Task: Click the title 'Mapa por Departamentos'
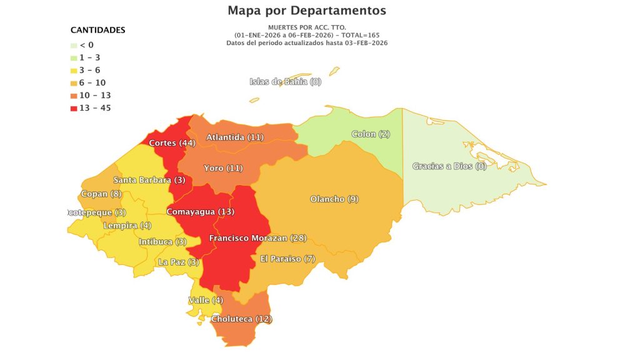(x=307, y=11)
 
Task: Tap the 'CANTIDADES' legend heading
(x=97, y=30)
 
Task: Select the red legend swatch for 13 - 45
(x=74, y=108)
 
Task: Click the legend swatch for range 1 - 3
(x=74, y=57)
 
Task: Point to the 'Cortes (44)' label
(x=172, y=143)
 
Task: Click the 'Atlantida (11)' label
(x=235, y=137)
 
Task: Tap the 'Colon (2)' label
(x=371, y=134)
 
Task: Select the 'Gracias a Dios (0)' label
(x=449, y=166)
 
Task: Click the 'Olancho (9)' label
(x=334, y=199)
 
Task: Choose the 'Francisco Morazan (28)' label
(x=257, y=239)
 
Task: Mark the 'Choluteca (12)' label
(x=241, y=319)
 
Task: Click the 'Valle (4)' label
(x=206, y=301)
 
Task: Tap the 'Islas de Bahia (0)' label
(x=285, y=82)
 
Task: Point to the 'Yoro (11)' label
(x=223, y=168)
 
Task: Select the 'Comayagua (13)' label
(x=200, y=212)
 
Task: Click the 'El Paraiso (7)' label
(x=289, y=259)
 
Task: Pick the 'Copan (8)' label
(x=101, y=194)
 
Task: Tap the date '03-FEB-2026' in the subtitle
(x=359, y=42)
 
